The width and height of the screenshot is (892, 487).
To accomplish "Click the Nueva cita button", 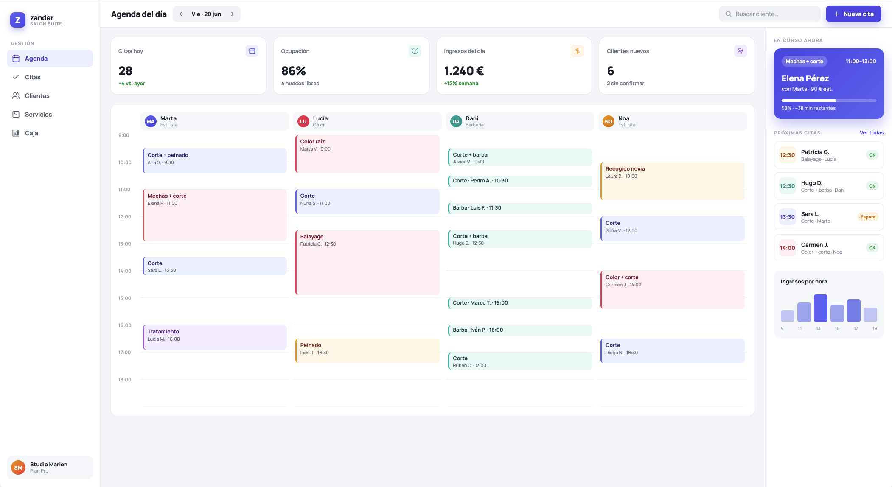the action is click(853, 14).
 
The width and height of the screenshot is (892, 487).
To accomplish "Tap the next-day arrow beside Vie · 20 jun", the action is click(233, 14).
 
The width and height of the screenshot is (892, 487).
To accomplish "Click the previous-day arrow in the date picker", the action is click(181, 14).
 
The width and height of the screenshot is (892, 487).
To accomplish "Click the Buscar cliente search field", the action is click(769, 14).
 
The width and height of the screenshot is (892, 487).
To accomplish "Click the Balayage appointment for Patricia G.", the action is click(367, 263).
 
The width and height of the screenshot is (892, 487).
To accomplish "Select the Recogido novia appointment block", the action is click(673, 181).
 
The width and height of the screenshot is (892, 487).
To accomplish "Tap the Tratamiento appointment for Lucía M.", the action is click(215, 337).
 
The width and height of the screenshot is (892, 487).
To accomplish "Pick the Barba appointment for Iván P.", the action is click(520, 330).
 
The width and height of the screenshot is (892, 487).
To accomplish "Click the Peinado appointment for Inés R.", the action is click(367, 351).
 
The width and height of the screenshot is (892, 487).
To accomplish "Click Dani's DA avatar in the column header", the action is click(456, 121).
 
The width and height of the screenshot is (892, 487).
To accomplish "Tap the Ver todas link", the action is click(872, 133).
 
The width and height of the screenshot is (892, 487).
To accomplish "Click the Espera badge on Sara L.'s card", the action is click(868, 217).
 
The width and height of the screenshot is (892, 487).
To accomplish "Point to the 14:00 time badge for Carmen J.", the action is click(787, 248).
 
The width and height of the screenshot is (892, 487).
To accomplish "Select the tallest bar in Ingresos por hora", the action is click(821, 308).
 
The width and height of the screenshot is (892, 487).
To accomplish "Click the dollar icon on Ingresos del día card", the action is click(578, 51).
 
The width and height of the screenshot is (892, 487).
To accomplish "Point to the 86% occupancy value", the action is click(294, 71).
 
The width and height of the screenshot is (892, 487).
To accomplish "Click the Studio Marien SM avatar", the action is click(18, 467).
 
